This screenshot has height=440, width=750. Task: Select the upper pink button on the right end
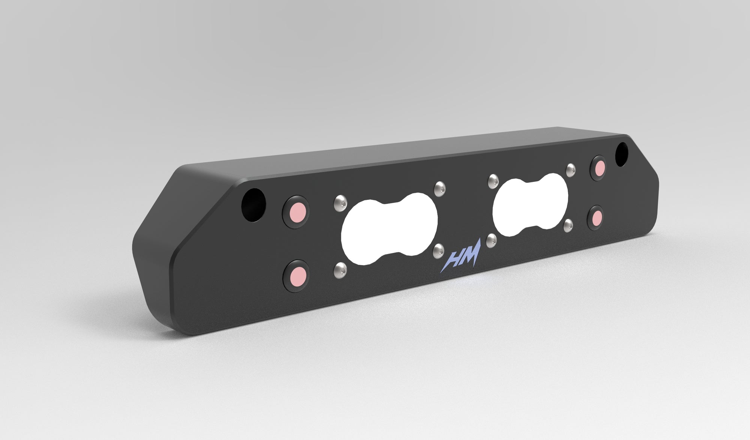(x=599, y=167)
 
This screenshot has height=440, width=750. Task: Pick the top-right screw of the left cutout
(x=440, y=188)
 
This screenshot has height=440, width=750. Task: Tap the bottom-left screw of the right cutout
(x=491, y=240)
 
